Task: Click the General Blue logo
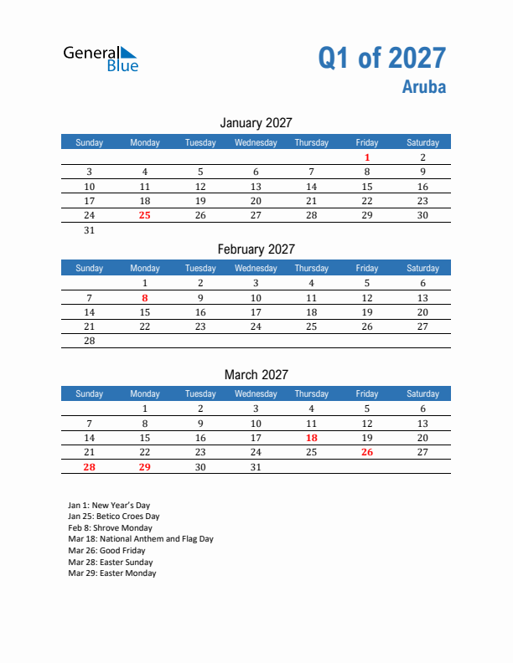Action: (101, 58)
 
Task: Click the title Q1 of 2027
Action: (381, 58)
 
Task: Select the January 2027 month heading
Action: (256, 123)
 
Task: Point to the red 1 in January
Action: (367, 157)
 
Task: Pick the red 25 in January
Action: (145, 215)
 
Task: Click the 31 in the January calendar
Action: (90, 230)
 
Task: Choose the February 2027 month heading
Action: (256, 249)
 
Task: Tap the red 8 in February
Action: (145, 298)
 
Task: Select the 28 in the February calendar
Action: (90, 341)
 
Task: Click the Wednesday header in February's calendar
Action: (256, 269)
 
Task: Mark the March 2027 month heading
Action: (256, 375)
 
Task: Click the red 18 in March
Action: (311, 438)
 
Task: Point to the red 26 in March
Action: (367, 452)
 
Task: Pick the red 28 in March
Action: (90, 467)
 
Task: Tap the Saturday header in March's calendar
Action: (422, 394)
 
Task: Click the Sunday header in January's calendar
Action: (90, 143)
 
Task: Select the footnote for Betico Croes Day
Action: (114, 517)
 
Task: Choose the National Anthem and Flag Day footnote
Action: (141, 539)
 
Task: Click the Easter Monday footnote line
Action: (112, 573)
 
